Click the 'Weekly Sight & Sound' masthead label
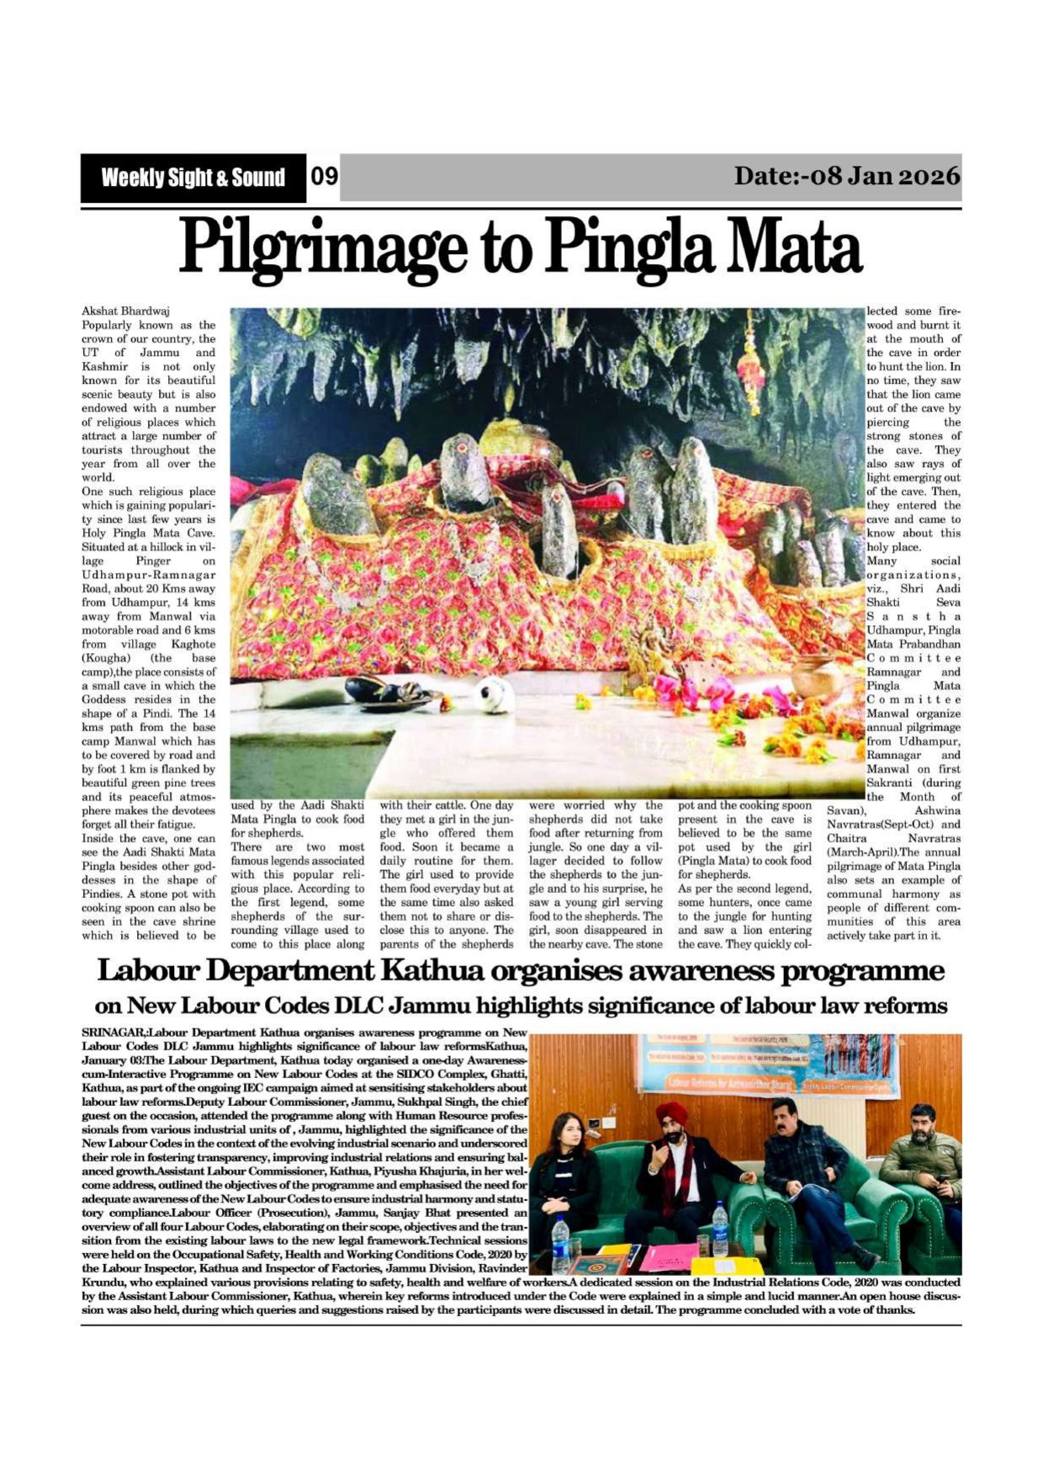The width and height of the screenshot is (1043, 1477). tap(193, 178)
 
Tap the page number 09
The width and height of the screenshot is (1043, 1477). tap(324, 177)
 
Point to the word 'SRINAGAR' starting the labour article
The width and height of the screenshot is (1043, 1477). tap(113, 1033)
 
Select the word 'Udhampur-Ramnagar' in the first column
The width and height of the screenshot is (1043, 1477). tap(148, 575)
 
